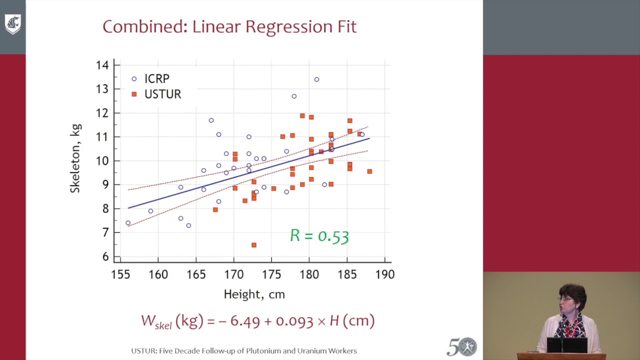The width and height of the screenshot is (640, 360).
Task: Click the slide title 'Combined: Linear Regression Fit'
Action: [x=229, y=26]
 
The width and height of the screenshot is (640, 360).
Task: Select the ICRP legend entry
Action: [x=151, y=79]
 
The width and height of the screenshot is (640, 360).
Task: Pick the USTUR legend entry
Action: [x=156, y=94]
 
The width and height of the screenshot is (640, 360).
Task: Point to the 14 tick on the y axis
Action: [x=102, y=65]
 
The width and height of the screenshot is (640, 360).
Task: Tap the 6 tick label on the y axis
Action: [x=105, y=256]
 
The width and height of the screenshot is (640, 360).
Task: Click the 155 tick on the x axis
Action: [x=120, y=274]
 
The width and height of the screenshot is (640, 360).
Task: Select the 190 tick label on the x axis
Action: [x=385, y=274]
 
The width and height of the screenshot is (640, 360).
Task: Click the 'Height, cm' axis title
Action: [x=254, y=294]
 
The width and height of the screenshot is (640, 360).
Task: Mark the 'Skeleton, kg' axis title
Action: [x=75, y=158]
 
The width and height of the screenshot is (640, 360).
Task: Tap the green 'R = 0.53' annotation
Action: [x=319, y=236]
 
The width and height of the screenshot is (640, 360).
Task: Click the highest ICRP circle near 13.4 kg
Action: [x=316, y=79]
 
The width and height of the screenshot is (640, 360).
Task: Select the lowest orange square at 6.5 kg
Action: [x=254, y=245]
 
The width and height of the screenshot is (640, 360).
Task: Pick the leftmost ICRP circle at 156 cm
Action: [x=128, y=223]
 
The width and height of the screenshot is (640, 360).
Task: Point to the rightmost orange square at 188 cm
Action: [x=369, y=171]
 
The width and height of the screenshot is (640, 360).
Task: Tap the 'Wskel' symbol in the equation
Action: [x=156, y=321]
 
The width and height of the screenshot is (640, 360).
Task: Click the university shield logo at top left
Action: [x=12, y=24]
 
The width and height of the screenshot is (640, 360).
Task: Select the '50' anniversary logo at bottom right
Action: [x=461, y=346]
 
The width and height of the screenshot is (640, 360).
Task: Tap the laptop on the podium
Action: [x=566, y=345]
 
